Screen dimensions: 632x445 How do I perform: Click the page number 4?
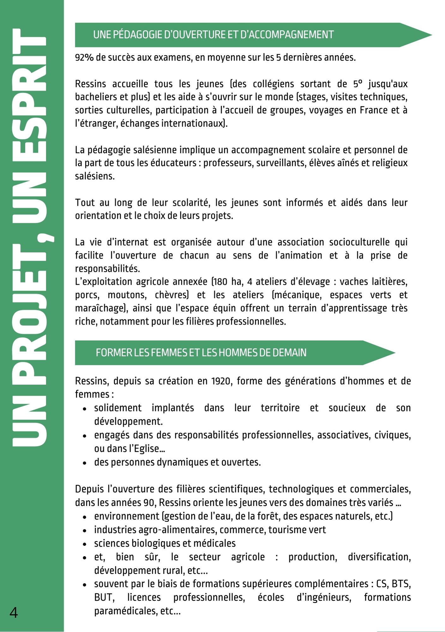click(14, 613)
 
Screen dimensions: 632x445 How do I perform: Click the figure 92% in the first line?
click(84, 58)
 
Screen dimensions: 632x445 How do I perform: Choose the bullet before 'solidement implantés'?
click(85, 409)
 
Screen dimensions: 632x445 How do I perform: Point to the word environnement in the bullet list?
click(127, 516)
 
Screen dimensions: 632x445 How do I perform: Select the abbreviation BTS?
click(401, 584)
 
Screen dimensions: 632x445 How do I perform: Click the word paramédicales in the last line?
click(126, 611)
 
